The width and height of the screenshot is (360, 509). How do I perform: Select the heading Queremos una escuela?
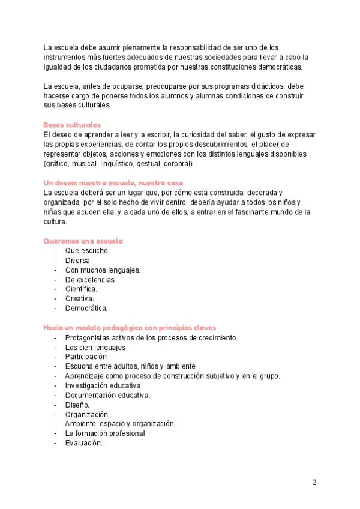(83, 241)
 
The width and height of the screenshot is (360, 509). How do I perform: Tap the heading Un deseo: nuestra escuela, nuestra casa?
(113, 182)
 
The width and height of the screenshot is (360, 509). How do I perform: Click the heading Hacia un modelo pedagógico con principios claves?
(130, 328)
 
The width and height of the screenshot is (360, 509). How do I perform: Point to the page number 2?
(314, 482)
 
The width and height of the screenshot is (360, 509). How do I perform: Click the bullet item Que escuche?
(88, 251)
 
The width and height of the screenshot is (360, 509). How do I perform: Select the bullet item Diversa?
(79, 261)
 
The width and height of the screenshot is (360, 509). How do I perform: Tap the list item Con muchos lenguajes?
(103, 270)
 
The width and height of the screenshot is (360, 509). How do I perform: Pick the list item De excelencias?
(91, 280)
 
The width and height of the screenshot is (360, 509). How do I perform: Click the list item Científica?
(81, 289)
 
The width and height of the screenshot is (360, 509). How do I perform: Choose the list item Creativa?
(80, 299)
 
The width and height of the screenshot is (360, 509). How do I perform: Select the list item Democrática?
(86, 309)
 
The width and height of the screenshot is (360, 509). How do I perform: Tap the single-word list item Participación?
(86, 357)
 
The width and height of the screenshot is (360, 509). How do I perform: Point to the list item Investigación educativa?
(104, 385)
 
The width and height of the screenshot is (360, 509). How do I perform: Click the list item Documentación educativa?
(108, 395)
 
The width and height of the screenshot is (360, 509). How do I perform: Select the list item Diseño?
(78, 405)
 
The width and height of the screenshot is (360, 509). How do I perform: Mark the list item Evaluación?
(84, 443)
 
